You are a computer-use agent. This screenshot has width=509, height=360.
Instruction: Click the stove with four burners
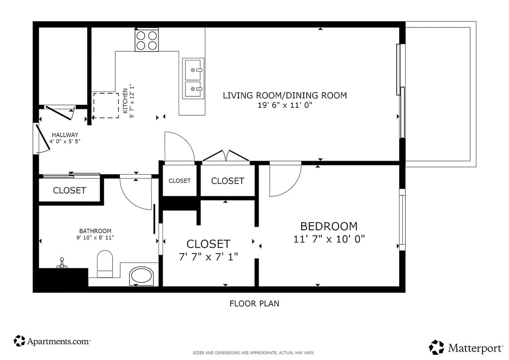147,40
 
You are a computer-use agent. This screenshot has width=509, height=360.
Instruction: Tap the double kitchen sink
193,79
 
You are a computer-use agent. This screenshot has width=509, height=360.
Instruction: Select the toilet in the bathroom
105,264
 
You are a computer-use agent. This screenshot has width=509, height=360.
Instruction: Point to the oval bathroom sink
141,276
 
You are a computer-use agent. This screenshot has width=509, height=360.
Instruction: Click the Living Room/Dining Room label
285,95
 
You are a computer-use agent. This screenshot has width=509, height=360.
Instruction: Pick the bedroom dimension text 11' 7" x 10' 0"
329,239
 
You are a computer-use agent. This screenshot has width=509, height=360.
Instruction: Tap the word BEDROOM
329,226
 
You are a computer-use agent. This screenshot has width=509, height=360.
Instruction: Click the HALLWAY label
65,135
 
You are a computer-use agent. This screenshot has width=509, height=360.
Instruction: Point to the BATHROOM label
95,231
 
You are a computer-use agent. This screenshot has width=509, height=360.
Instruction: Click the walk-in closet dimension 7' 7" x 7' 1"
208,257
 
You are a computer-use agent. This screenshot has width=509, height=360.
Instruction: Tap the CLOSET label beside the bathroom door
70,190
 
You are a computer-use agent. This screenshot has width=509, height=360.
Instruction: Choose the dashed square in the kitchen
106,105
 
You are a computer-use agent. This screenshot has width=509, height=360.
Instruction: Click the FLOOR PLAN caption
254,303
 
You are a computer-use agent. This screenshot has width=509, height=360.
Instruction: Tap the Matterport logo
466,348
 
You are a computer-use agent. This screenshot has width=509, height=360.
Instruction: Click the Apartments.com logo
52,341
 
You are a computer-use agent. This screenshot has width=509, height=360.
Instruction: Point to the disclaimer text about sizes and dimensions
254,353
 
